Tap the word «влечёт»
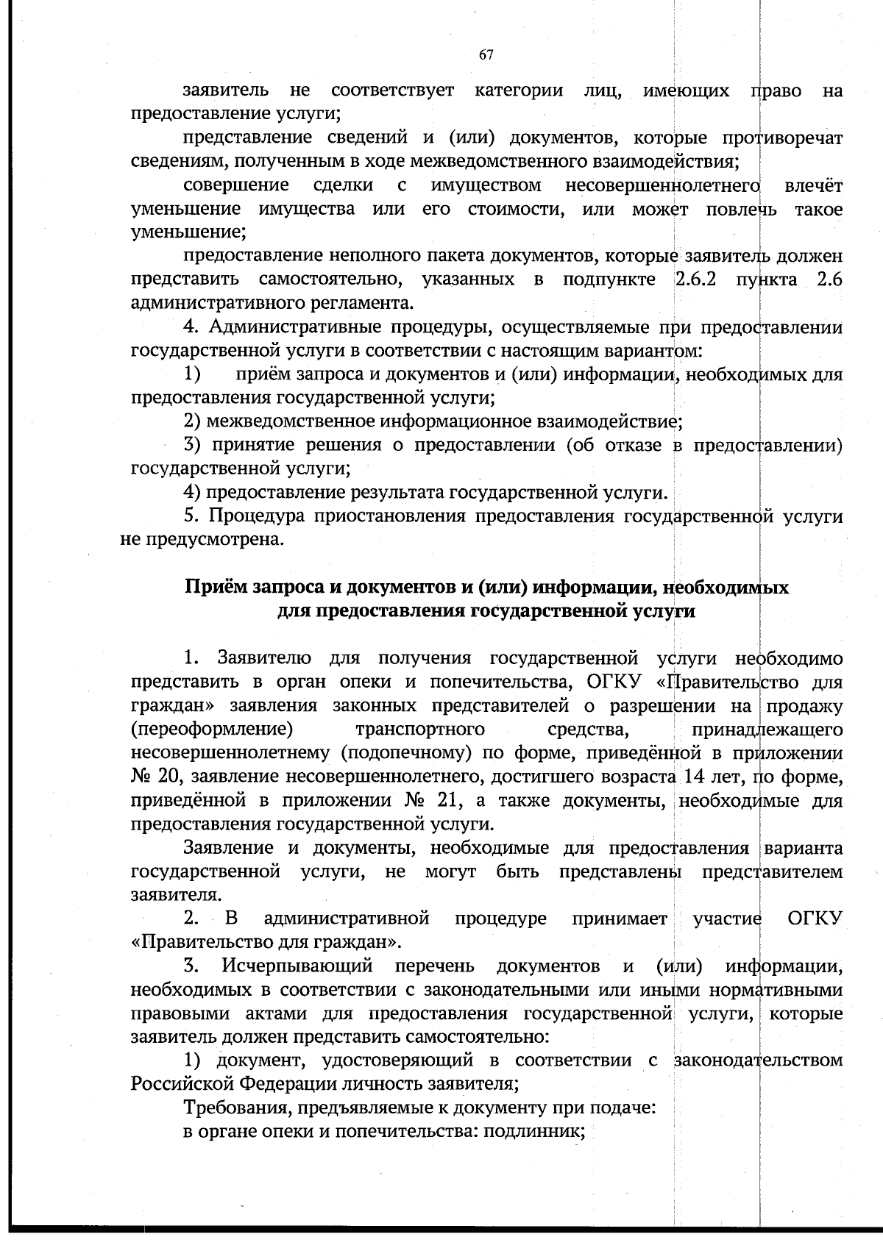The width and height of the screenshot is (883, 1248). point(813,185)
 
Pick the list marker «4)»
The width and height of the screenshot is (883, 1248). point(192,492)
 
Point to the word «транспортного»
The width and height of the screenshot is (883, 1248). point(420,730)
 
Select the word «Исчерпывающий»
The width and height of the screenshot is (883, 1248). point(297,966)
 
